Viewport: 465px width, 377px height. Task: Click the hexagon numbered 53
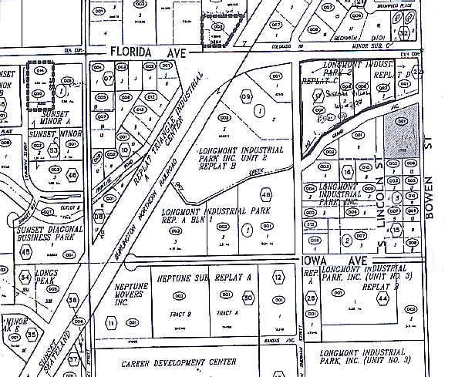click(x=53, y=150)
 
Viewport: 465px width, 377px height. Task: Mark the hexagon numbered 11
click(x=111, y=323)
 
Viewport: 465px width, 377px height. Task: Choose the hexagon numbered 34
click(x=26, y=276)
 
